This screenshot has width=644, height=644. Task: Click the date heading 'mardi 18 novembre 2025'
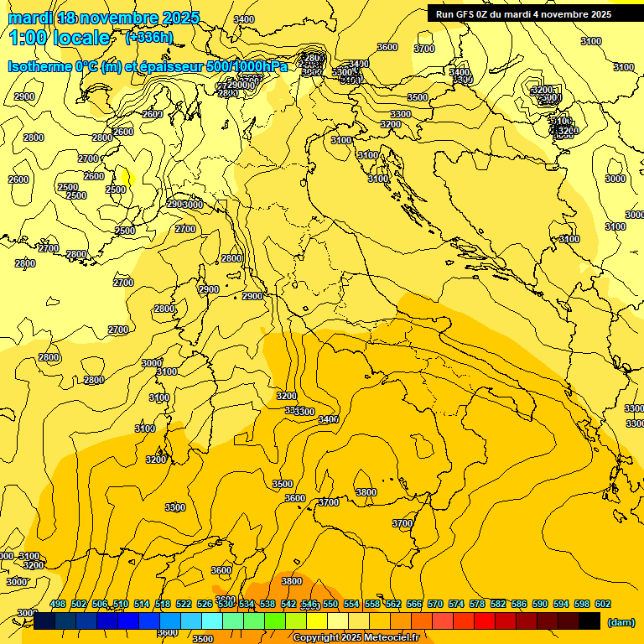point(104,18)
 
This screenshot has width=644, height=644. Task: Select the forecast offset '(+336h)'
point(149,37)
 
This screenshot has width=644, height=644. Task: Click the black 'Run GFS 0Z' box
point(523,13)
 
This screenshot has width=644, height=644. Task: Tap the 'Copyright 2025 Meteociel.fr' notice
point(361,638)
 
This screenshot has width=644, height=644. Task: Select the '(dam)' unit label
point(620,621)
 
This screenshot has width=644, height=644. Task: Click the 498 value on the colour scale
point(58,604)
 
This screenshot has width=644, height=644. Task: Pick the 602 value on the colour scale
point(603,604)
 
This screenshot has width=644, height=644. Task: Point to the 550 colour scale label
point(330,604)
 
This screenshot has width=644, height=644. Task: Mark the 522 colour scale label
point(184,604)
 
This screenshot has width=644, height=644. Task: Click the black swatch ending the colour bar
point(589,621)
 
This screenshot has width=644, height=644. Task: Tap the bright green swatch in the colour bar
point(275,621)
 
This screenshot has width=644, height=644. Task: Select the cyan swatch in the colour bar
point(212,621)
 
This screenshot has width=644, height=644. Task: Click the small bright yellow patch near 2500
point(127,177)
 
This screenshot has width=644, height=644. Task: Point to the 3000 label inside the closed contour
point(615,179)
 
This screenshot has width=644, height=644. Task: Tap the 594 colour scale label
point(561,604)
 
